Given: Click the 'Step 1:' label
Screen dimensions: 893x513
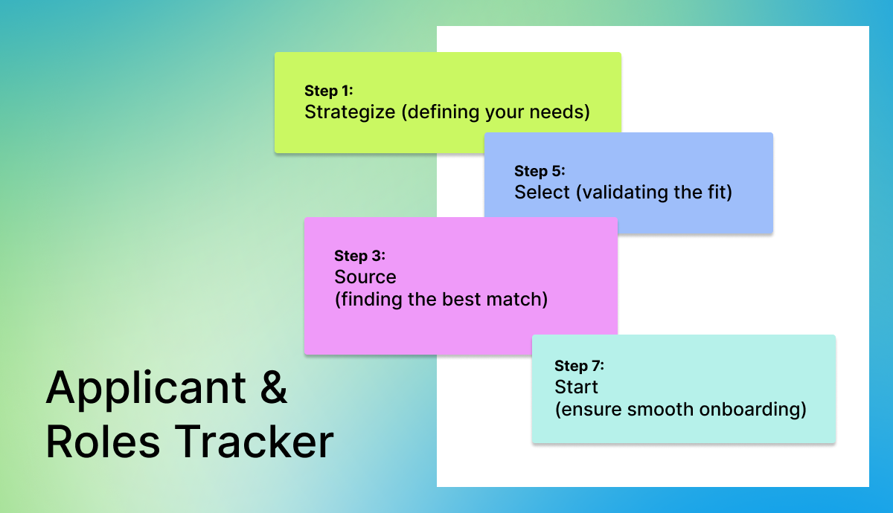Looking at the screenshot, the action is tap(329, 91).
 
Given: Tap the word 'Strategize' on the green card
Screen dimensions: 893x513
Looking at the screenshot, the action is tap(350, 112).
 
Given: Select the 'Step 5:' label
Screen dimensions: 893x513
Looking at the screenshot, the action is tap(540, 172).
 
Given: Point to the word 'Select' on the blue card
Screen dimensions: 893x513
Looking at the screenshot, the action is tap(542, 192).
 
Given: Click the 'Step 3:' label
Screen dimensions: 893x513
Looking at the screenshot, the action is tap(359, 256).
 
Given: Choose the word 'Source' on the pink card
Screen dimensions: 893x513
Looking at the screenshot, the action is tap(365, 277).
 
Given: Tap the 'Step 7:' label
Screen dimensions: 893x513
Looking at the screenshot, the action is tap(579, 366).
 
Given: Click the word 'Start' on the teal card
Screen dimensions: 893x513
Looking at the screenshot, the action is tap(576, 387).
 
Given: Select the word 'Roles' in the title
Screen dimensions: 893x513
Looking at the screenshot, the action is tap(103, 442).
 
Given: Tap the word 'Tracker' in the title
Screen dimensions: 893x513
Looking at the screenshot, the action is tap(254, 442).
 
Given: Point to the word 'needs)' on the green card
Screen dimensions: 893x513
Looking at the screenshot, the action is tap(560, 112).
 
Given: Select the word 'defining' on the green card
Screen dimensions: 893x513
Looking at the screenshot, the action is tap(440, 113).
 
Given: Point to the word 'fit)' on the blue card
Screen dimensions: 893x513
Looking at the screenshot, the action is tap(720, 193).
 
